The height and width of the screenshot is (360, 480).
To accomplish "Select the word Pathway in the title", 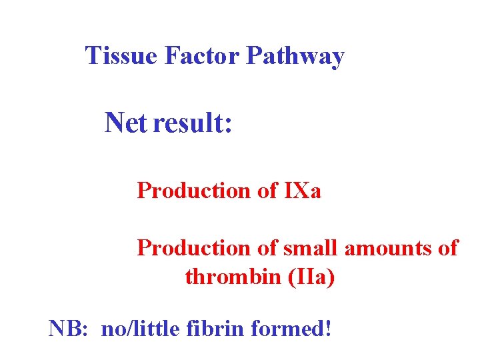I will pos(295,57).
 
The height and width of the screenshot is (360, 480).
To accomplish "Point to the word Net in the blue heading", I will pos(125,123).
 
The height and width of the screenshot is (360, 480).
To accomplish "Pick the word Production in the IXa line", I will pos(193,191).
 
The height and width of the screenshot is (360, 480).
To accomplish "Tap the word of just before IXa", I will pos(267,191).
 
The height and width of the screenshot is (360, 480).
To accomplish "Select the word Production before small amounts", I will pos(193,248).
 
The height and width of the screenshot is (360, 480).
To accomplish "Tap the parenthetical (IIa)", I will pos(311,276).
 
